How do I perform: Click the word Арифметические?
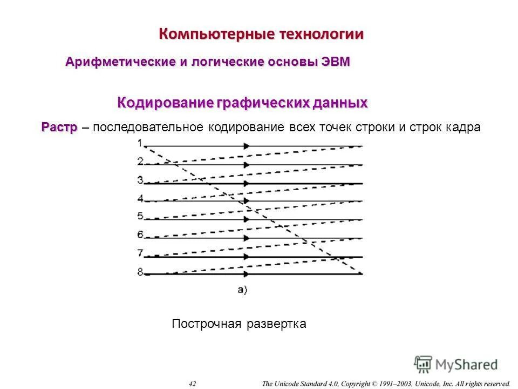120,62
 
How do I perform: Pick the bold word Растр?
59,127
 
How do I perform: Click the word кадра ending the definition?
463,128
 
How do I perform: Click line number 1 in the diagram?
140,143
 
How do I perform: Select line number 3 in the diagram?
140,180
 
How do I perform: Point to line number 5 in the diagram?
140,216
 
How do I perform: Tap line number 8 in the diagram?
140,272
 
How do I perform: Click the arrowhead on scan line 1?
247,146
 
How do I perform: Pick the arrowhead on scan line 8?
247,274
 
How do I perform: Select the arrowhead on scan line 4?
247,201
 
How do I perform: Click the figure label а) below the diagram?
242,290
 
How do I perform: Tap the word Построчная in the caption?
206,324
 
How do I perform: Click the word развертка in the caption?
276,324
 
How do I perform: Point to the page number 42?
193,384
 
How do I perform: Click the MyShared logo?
456,364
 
